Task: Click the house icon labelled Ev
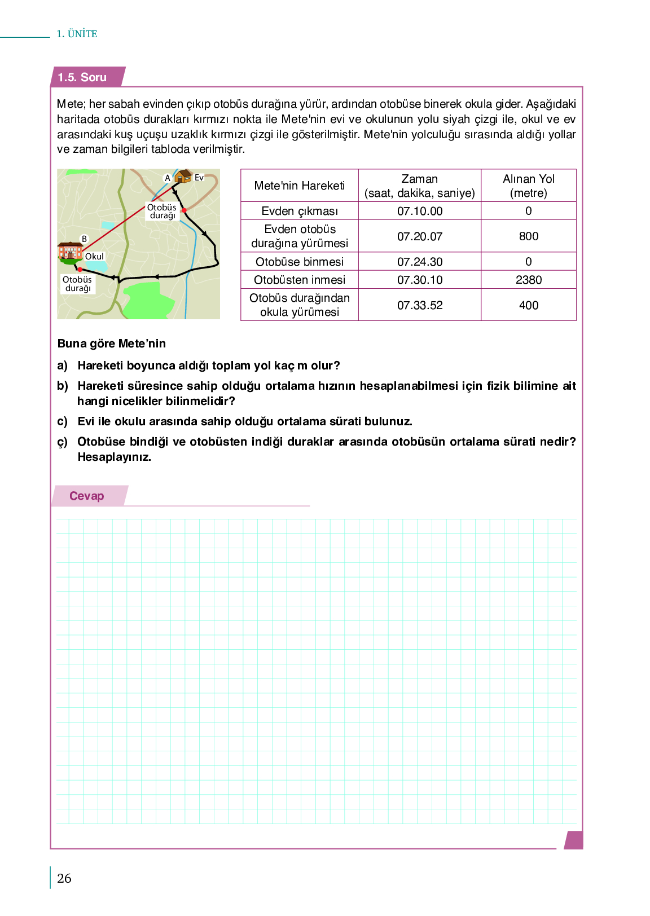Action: [183, 177]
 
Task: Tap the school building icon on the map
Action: [70, 252]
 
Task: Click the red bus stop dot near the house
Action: [184, 210]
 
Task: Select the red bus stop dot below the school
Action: [80, 270]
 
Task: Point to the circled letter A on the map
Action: [167, 178]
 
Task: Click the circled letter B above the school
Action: [84, 239]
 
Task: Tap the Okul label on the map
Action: [94, 257]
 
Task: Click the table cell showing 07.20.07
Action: [420, 236]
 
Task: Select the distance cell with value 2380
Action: [528, 280]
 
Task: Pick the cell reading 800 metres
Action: [528, 236]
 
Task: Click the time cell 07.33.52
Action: [420, 305]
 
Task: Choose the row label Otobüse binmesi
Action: [299, 262]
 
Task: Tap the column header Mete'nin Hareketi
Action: [299, 186]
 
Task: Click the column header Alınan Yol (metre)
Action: [528, 186]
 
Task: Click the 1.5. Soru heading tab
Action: [82, 77]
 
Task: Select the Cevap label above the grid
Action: [86, 496]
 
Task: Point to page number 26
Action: [64, 878]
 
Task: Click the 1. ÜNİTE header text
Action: [77, 34]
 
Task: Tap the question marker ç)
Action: [62, 442]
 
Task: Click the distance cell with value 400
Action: [528, 305]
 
